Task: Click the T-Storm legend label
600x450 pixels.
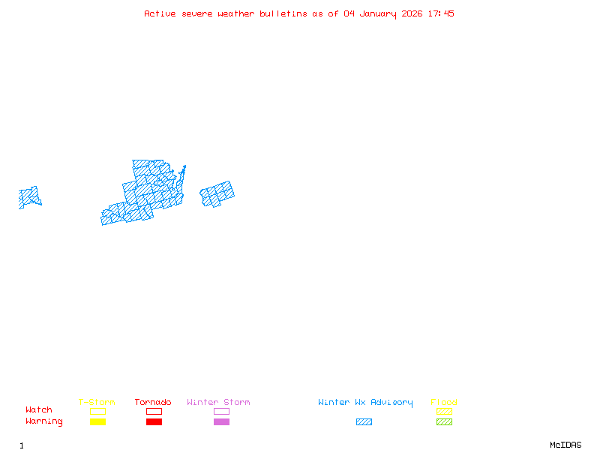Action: pos(97,403)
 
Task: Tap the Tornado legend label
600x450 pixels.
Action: pos(153,403)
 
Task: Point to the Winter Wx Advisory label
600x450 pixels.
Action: pos(365,403)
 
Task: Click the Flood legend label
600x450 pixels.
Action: pos(444,403)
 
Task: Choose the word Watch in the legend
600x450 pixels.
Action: pos(39,410)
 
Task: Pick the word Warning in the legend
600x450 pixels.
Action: pos(44,421)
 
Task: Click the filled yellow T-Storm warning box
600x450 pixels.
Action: pos(97,422)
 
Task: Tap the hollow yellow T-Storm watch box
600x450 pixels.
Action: pos(97,411)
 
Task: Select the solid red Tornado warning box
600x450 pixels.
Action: pos(154,422)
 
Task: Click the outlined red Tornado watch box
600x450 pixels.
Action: pos(154,411)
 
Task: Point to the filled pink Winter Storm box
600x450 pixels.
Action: pos(221,422)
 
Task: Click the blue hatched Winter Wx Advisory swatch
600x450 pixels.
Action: pos(364,422)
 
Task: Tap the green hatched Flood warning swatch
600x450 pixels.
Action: pos(444,422)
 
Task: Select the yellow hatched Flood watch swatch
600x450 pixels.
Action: pos(444,411)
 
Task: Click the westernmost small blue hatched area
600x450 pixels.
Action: pos(29,197)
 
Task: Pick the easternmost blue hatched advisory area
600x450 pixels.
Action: pos(217,194)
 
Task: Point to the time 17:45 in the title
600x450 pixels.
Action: pos(441,13)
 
